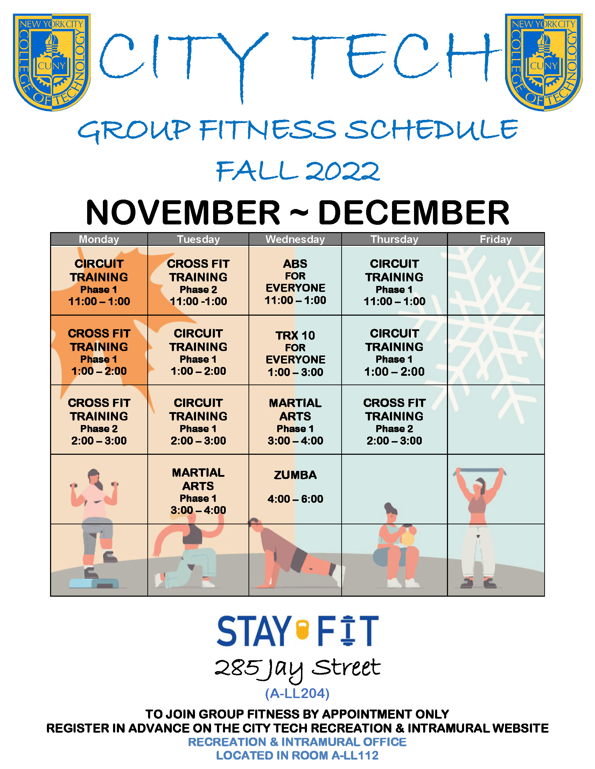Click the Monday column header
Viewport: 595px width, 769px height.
99,239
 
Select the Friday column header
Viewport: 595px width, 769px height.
496,239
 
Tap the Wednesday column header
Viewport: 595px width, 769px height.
295,239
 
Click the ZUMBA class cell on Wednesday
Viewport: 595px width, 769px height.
295,489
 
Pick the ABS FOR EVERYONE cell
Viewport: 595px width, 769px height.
295,280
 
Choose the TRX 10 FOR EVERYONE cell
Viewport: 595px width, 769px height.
295,350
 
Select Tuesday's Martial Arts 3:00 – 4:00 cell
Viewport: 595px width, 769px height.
198,489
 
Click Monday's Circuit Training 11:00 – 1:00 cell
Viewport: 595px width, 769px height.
99,280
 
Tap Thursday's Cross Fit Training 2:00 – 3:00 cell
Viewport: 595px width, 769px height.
394,419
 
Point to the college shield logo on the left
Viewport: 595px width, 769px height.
52,62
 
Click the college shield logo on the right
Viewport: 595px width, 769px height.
544,62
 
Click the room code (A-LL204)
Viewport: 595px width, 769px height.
297,693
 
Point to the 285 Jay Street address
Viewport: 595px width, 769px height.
297,669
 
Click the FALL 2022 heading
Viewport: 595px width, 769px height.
298,171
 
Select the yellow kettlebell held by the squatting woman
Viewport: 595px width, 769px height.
408,536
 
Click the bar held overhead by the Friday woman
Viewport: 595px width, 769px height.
479,470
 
